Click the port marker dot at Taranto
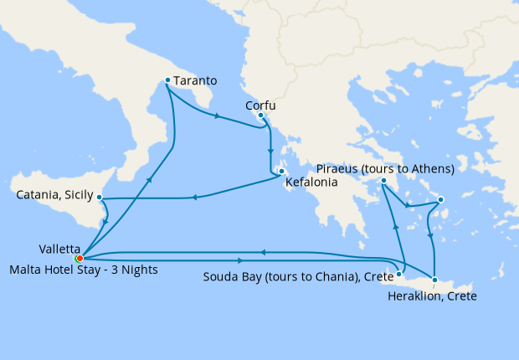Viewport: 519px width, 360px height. point(168,80)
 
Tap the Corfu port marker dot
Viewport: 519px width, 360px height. point(261,115)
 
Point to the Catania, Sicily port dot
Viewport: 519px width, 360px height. point(100,198)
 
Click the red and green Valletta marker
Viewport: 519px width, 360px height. point(79,258)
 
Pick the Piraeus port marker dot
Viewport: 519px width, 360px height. point(383,181)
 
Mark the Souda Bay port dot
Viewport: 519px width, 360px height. point(400,273)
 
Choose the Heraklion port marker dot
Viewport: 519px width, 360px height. point(435,279)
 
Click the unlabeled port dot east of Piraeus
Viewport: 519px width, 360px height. point(440,199)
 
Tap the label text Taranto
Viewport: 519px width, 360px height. point(197,81)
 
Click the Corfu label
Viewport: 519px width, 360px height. point(260,105)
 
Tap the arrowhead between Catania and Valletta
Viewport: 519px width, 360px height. point(105,222)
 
